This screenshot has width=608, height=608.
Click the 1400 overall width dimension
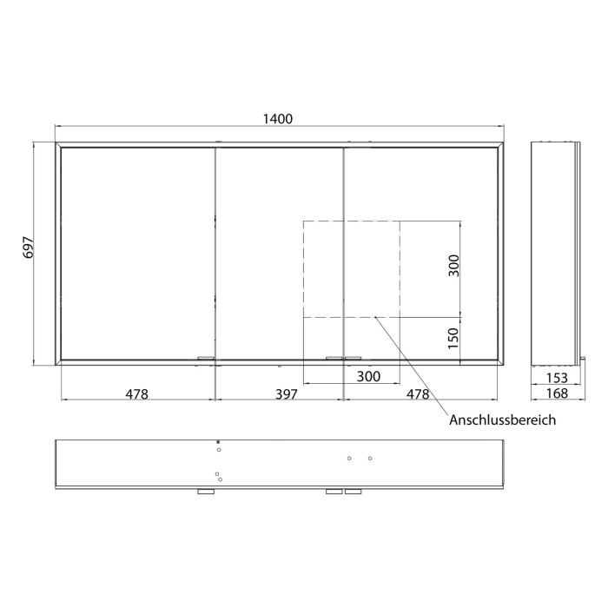(280, 119)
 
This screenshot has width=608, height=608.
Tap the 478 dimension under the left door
(136, 393)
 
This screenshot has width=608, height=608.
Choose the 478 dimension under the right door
(418, 393)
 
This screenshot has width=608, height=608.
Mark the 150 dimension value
(453, 337)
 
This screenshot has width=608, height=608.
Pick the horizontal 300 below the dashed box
(369, 376)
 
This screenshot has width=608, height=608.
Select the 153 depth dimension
(555, 377)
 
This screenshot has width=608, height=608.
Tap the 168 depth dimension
(555, 393)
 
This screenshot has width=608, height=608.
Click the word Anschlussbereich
(502, 420)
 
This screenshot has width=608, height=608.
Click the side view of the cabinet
(554, 252)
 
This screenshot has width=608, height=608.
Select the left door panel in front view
(137, 252)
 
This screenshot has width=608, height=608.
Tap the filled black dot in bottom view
(218, 442)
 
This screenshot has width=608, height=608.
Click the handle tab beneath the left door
(206, 358)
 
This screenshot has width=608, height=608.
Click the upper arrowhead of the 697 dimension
(36, 144)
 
